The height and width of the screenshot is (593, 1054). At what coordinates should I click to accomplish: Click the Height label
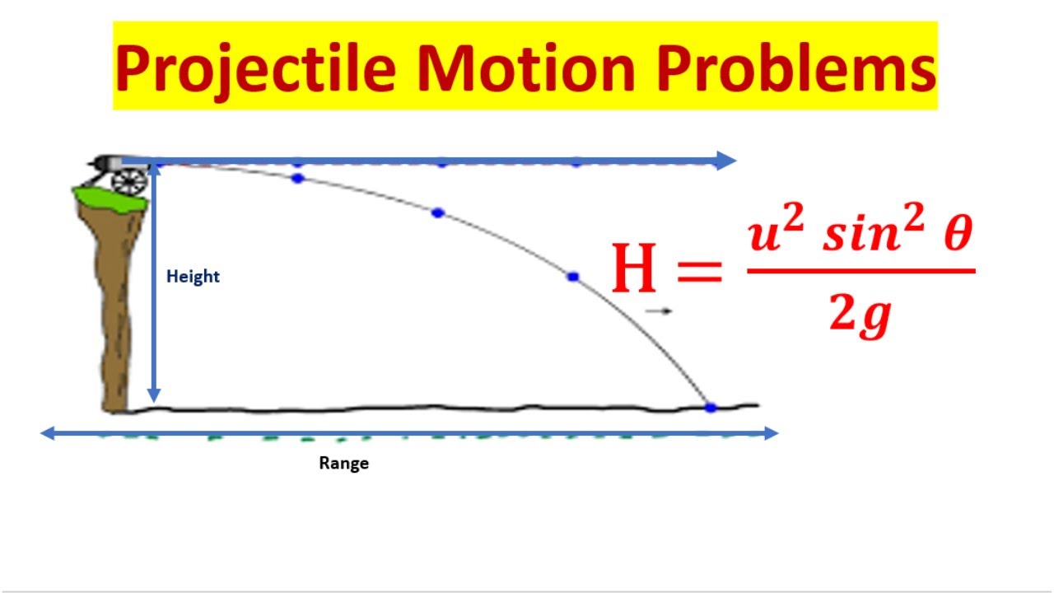pos(193,277)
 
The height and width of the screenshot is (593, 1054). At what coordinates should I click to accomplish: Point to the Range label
pos(343,463)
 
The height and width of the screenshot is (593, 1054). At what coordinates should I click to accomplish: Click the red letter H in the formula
pos(635,269)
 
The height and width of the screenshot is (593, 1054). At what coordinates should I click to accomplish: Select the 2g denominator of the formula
pos(860,315)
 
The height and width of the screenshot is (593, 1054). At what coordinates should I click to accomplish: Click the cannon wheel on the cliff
pos(129,181)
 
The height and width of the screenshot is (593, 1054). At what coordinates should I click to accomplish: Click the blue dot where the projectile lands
pos(711,407)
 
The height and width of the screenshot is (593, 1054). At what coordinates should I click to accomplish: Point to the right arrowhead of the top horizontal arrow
pos(726,161)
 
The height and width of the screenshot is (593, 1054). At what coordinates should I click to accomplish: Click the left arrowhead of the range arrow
pos(49,433)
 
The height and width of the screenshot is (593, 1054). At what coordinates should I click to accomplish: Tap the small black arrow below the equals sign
pos(659,311)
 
